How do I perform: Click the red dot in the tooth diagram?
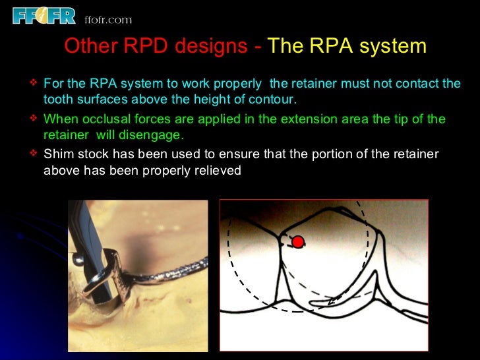click(298, 242)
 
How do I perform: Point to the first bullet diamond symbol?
click(34, 84)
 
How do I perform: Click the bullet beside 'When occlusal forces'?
click(34, 119)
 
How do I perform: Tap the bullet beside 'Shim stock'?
click(34, 154)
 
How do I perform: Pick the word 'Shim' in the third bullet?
click(57, 154)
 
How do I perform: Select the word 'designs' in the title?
click(212, 47)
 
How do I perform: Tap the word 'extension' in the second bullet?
click(315, 119)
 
